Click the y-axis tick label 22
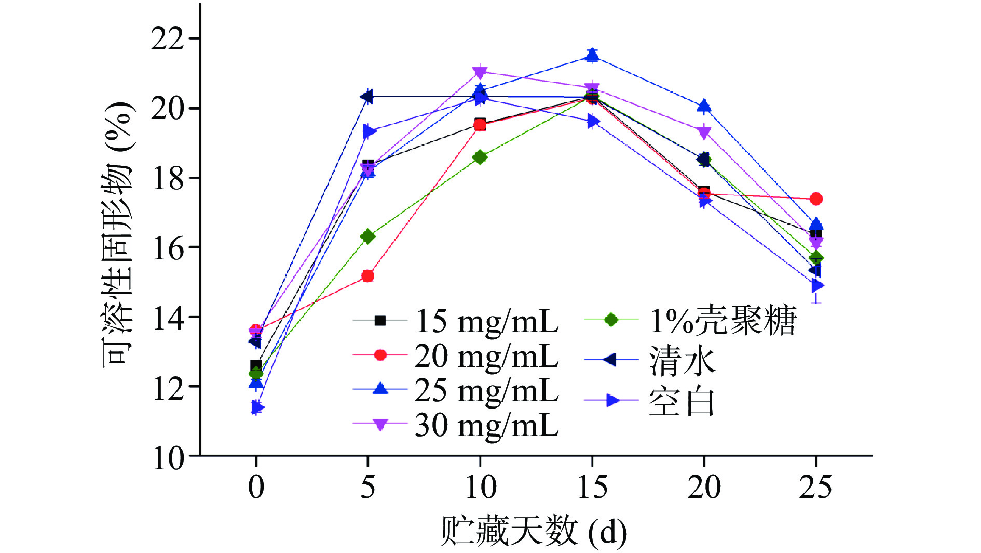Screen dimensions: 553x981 [x=167, y=39]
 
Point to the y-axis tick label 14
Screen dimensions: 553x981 [x=167, y=318]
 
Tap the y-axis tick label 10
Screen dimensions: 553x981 [x=167, y=458]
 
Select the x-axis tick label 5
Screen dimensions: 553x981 [x=367, y=487]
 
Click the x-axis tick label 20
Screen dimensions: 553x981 [x=704, y=487]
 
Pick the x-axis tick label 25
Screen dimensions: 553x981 [x=815, y=487]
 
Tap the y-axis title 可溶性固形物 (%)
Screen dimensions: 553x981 [x=118, y=234]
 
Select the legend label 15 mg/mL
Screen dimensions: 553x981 [x=486, y=321]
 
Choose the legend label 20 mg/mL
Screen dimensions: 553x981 [x=486, y=356]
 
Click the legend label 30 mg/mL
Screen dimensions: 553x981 [x=486, y=425]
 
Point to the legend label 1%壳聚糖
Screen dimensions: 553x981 [x=723, y=320]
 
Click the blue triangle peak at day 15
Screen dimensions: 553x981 [x=592, y=55]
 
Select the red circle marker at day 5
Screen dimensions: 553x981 [x=367, y=276]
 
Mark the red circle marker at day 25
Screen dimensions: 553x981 [x=816, y=199]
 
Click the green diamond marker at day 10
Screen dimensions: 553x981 [x=480, y=157]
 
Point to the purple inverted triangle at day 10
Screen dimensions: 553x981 [x=480, y=72]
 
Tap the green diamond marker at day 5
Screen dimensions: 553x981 [x=367, y=236]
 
